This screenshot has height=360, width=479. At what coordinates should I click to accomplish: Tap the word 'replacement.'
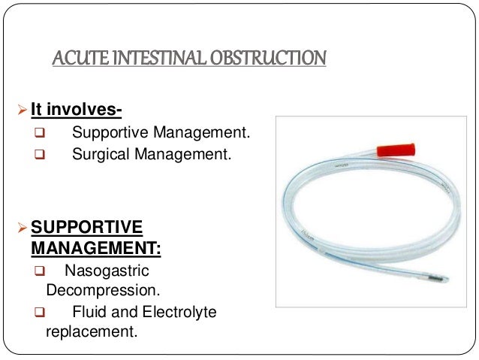click(x=92, y=330)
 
